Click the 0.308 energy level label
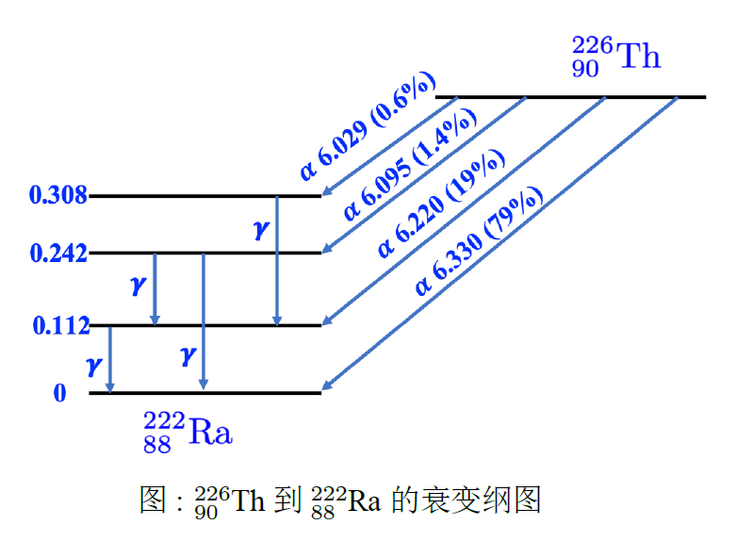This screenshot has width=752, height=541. [x=58, y=196]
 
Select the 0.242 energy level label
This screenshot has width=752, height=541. [x=58, y=254]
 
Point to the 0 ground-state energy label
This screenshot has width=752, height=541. [x=60, y=393]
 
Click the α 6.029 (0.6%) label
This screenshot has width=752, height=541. [x=366, y=126]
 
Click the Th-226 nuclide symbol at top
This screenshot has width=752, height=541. [x=615, y=57]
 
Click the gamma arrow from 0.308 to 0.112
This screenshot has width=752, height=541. [x=276, y=260]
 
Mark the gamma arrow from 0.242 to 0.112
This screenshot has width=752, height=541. [x=155, y=288]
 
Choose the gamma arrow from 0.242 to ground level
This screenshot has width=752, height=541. [x=204, y=321]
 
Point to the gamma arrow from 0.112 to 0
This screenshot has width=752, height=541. [x=110, y=358]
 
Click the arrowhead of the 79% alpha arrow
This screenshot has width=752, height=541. [x=327, y=386]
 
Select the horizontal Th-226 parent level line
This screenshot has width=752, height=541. [x=570, y=97]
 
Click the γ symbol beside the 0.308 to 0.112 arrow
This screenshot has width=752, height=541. [x=261, y=229]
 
